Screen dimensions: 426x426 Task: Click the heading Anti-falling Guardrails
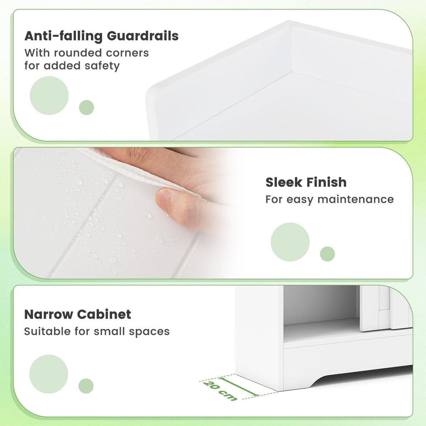(101, 36)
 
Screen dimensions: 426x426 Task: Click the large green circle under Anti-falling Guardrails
(49, 95)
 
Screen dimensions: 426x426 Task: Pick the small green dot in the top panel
(86, 107)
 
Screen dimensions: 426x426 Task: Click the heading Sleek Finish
(306, 182)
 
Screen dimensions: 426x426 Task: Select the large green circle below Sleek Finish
(290, 242)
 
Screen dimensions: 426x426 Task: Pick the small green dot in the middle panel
(327, 254)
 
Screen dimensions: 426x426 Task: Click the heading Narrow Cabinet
(77, 314)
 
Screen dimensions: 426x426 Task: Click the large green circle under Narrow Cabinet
(49, 374)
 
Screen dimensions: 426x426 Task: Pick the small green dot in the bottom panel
(86, 386)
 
